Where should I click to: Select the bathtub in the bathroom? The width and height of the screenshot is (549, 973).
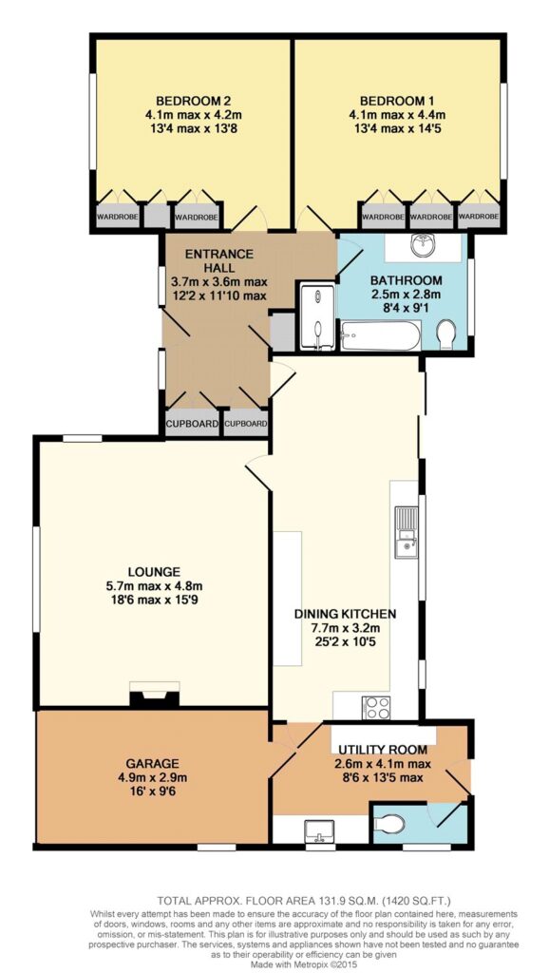pyautogui.click(x=380, y=335)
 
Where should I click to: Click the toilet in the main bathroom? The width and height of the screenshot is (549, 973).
pyautogui.click(x=446, y=335)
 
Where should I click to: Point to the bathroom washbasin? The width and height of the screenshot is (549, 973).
pyautogui.click(x=425, y=246)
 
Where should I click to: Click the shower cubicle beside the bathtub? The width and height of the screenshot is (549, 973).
pyautogui.click(x=316, y=317)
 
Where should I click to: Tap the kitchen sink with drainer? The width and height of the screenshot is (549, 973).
pyautogui.click(x=407, y=532)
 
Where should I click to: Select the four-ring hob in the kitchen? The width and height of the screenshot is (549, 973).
pyautogui.click(x=376, y=706)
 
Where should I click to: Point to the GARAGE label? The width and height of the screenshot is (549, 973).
pyautogui.click(x=153, y=763)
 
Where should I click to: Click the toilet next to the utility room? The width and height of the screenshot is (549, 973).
pyautogui.click(x=389, y=824)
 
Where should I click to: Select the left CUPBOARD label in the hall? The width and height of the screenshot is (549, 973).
pyautogui.click(x=192, y=425)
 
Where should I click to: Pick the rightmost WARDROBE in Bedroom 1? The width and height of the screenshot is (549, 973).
pyautogui.click(x=478, y=217)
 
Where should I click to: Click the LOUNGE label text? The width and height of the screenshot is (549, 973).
pyautogui.click(x=154, y=571)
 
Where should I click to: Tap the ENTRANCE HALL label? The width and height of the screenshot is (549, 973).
pyautogui.click(x=219, y=260)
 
